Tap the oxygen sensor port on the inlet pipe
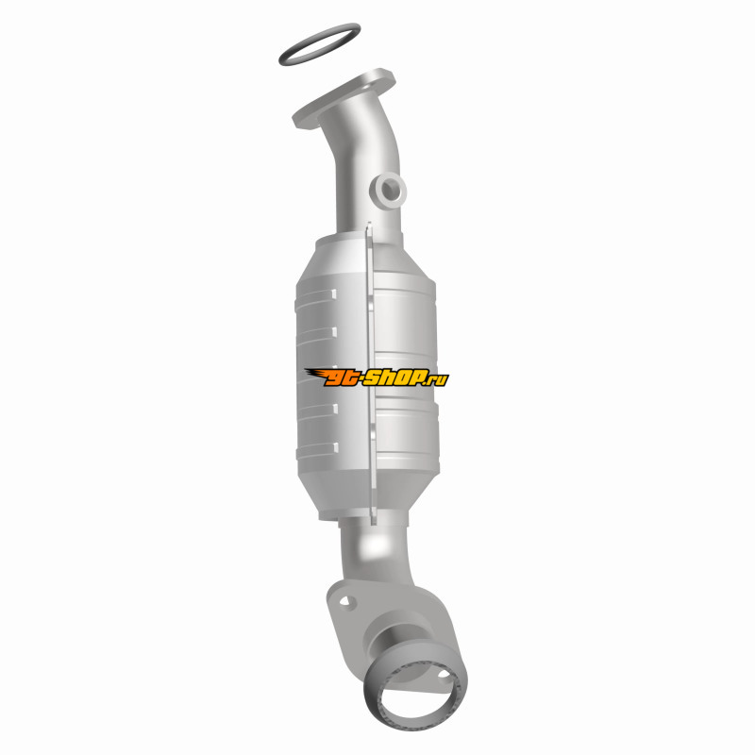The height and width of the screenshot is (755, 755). pyautogui.click(x=388, y=192)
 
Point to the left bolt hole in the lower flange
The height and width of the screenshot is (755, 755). pyautogui.click(x=346, y=601)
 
